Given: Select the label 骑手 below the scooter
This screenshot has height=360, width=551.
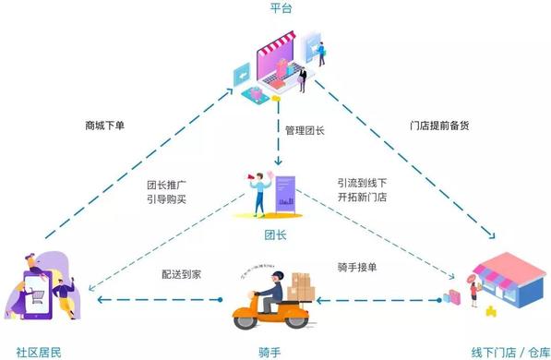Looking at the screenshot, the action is point(270,352).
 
